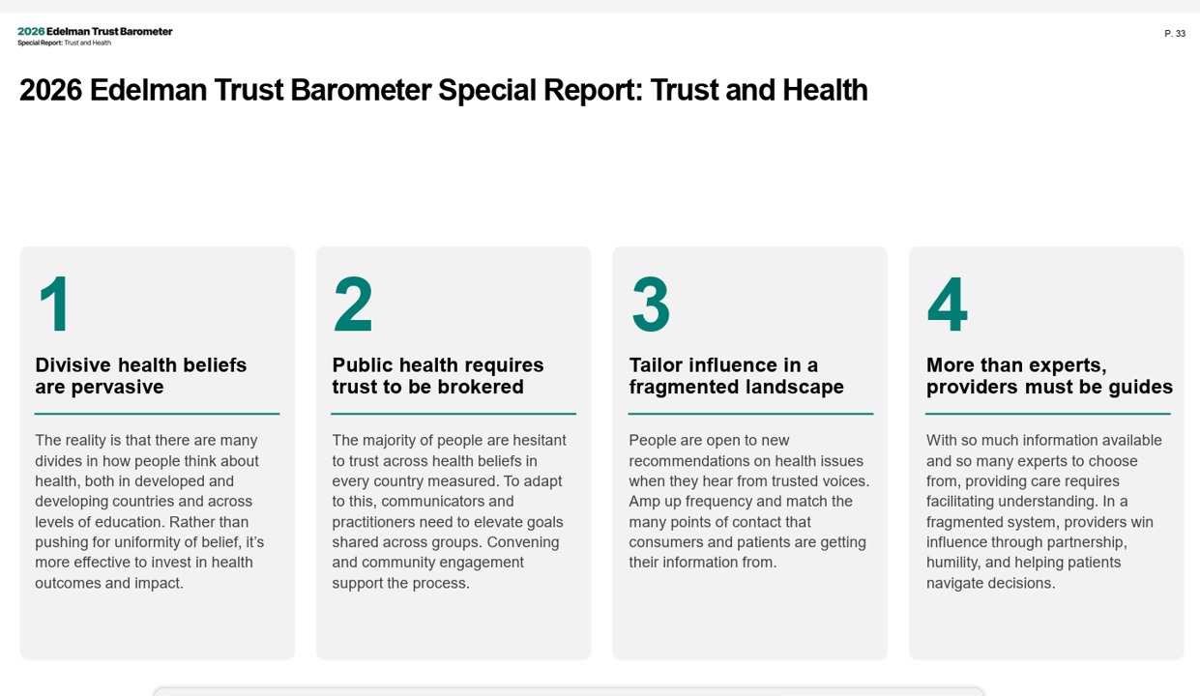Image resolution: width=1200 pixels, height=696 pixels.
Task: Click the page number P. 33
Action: click(1174, 34)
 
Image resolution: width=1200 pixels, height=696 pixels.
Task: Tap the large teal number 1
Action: click(55, 304)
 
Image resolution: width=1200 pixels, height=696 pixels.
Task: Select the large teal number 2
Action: click(353, 304)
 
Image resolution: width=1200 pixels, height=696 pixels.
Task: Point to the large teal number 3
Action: click(651, 304)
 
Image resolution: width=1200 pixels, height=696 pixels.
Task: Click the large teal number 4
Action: click(948, 304)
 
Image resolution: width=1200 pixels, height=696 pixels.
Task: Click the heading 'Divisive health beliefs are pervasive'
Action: click(141, 376)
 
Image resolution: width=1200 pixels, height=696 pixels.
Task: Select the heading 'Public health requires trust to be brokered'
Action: click(438, 376)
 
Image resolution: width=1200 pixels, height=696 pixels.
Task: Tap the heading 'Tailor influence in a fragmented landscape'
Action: click(736, 376)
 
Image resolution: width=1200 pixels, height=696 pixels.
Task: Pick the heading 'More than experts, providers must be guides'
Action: click(1049, 376)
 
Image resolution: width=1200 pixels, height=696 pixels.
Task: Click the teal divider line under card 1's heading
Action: click(157, 414)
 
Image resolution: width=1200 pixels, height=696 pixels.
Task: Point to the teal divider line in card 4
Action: click(1048, 414)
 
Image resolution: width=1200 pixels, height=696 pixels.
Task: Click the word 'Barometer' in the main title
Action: click(361, 90)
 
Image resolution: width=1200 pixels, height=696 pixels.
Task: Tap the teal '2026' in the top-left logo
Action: click(31, 32)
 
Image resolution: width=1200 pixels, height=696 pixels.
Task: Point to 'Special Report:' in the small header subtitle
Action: click(41, 43)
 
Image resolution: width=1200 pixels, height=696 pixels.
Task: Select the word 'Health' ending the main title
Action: click(825, 90)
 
